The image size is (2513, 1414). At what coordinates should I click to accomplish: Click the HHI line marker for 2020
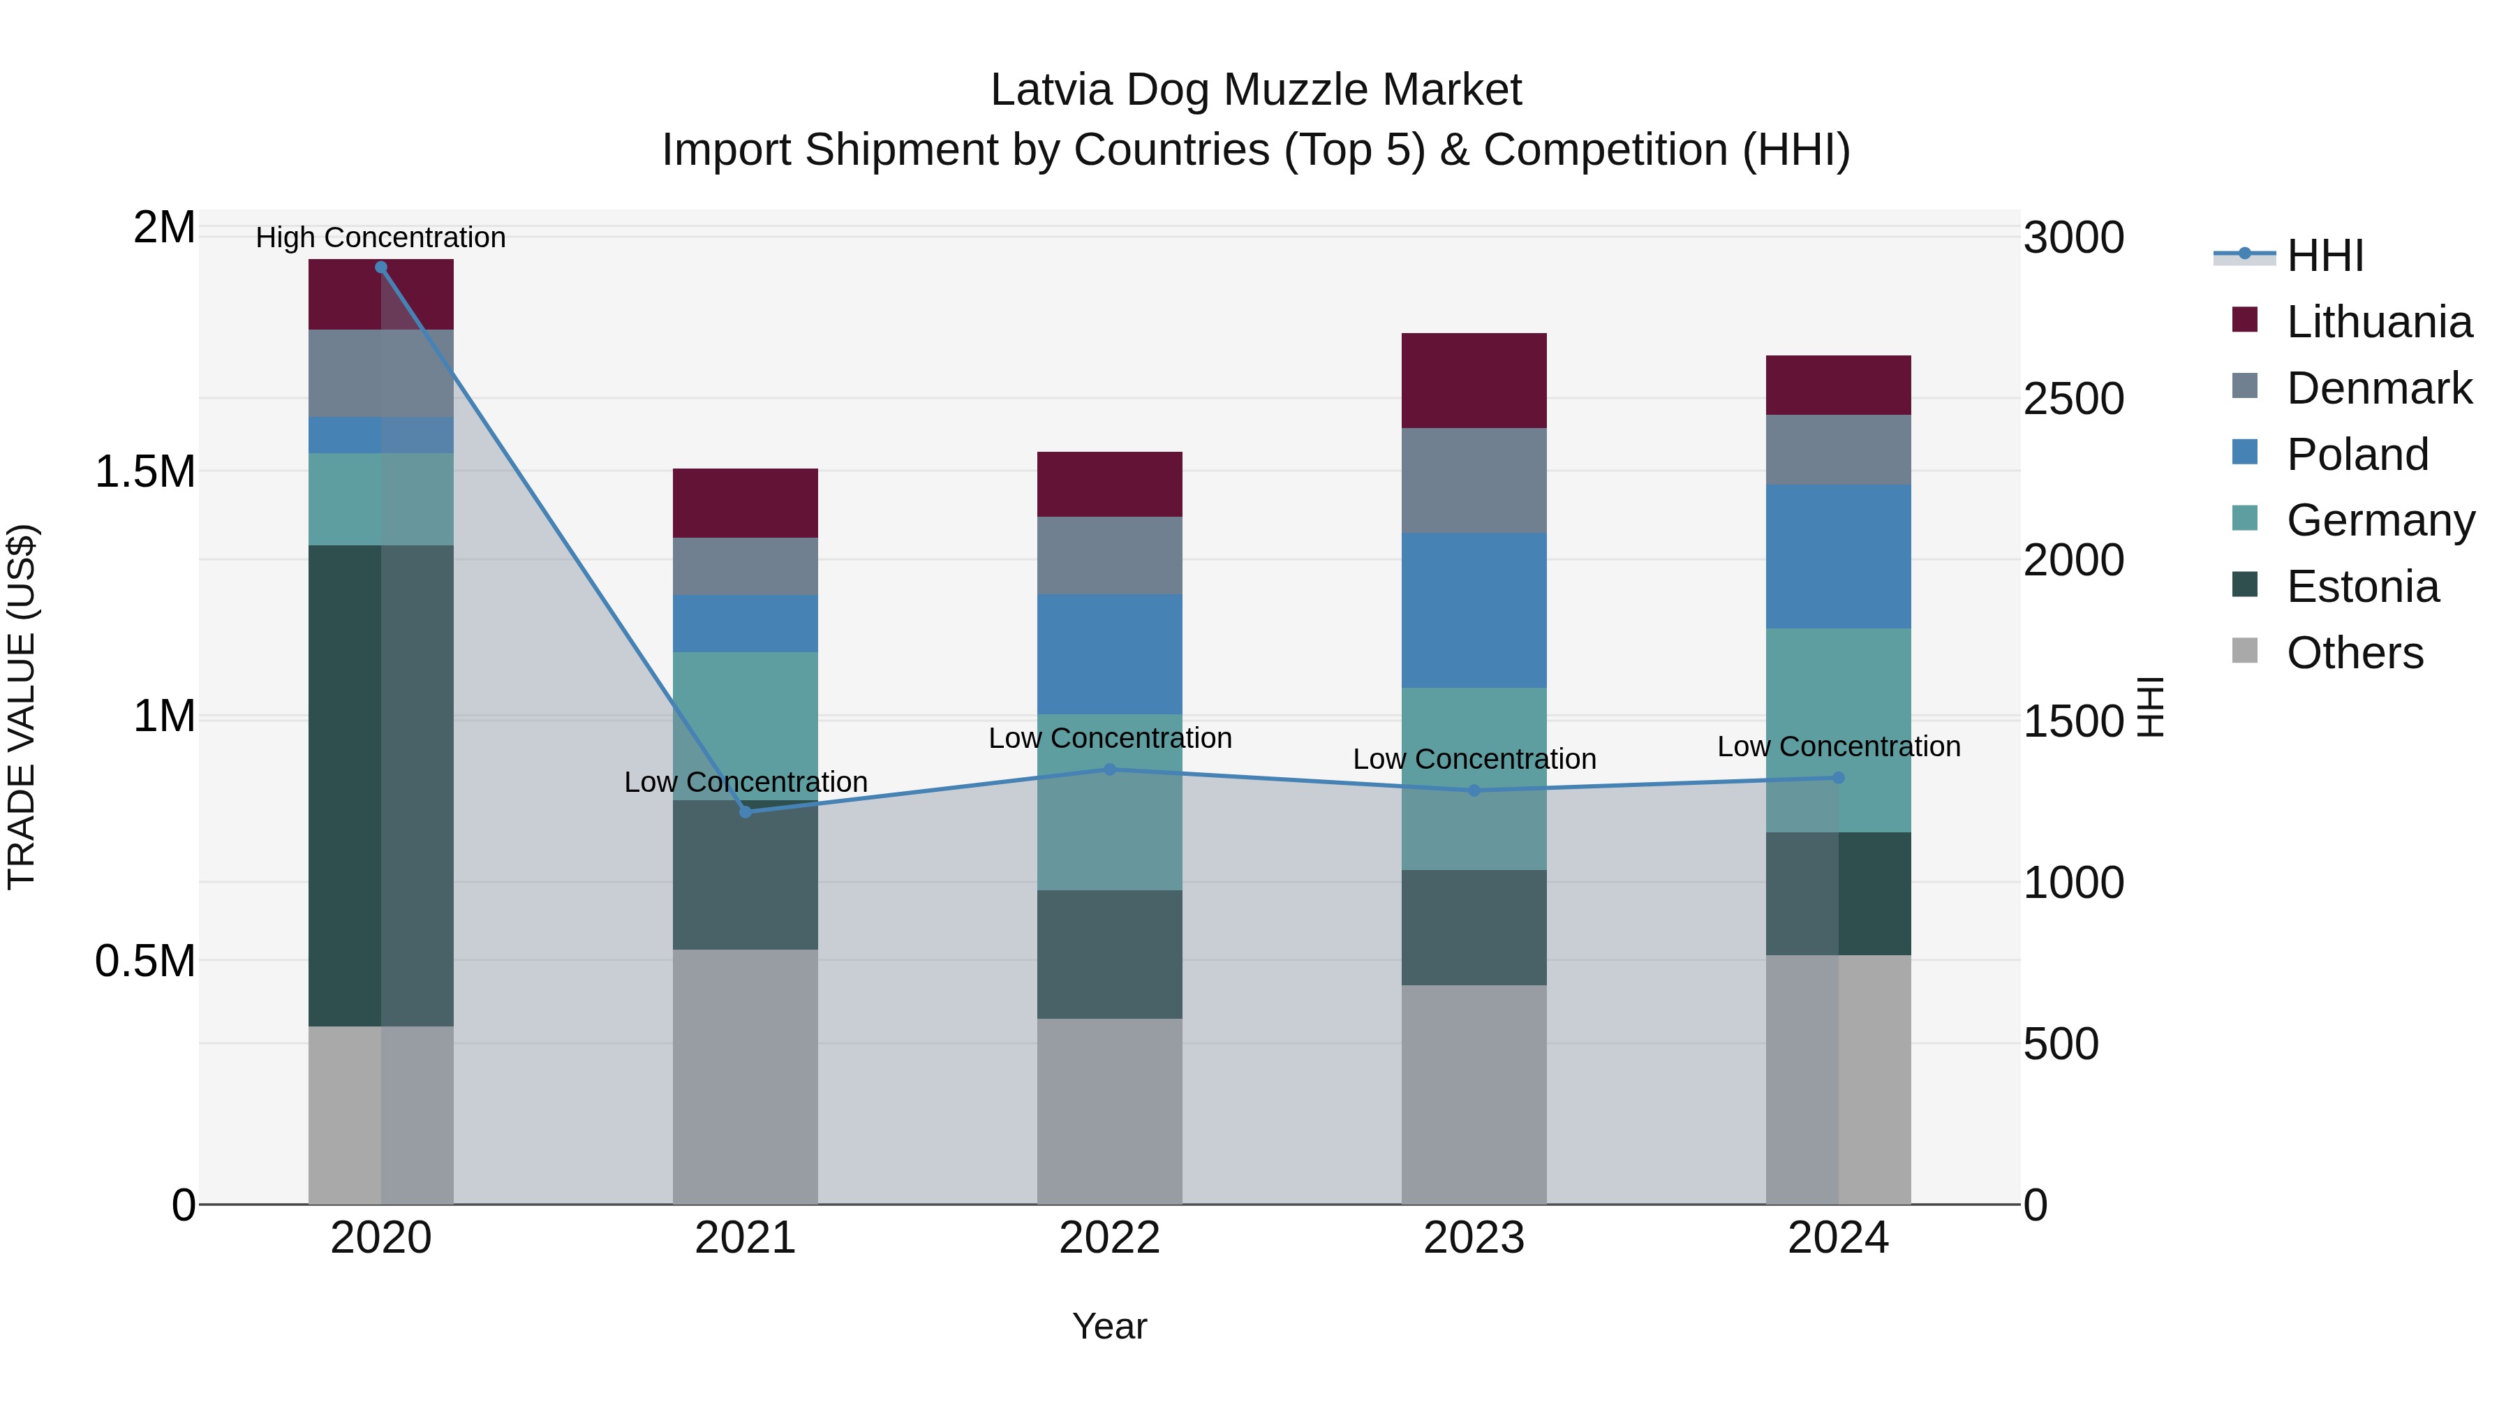(380, 267)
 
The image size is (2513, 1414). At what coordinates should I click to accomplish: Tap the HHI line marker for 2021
(746, 812)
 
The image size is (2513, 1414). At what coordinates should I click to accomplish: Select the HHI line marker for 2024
(1838, 778)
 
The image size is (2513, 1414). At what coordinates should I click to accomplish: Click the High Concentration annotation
(380, 237)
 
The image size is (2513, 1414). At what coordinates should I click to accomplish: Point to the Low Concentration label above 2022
(1109, 738)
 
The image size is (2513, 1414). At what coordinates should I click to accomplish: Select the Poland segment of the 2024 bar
(1838, 557)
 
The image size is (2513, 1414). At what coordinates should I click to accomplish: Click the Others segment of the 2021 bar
(746, 1076)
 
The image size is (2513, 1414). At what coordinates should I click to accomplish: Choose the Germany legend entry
(2380, 520)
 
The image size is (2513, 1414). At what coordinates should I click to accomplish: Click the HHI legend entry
(2324, 256)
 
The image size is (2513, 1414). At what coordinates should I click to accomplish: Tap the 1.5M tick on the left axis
(144, 472)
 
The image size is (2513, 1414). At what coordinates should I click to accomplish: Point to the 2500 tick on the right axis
(2073, 399)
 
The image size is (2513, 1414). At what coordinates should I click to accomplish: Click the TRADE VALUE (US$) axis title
(22, 707)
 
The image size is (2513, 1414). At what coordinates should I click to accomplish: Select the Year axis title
(1109, 1326)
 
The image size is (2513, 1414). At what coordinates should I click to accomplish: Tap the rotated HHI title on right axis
(2150, 707)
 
